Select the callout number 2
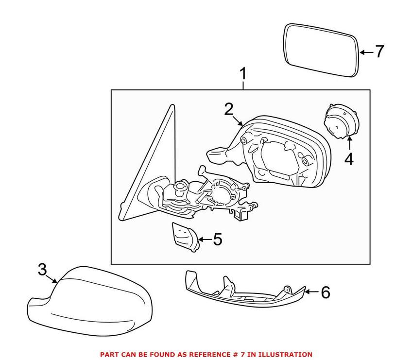[229, 109]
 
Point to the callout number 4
[349, 159]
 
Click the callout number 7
[379, 51]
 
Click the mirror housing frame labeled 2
[287, 155]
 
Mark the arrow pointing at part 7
[366, 51]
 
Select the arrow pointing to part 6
[312, 292]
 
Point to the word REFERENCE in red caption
[197, 355]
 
